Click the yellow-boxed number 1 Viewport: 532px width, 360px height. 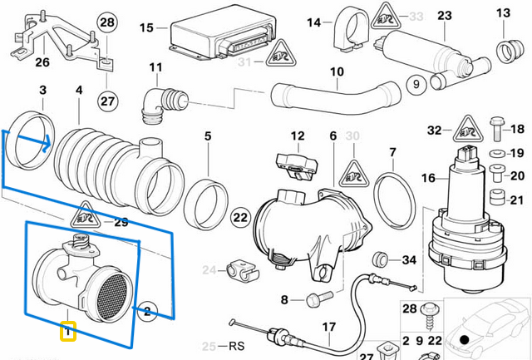(x=68, y=333)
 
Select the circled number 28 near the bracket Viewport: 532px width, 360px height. (x=107, y=22)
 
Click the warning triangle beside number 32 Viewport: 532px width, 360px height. (x=465, y=129)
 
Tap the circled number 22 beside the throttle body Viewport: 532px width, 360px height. (x=240, y=218)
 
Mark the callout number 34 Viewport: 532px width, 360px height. (x=408, y=260)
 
